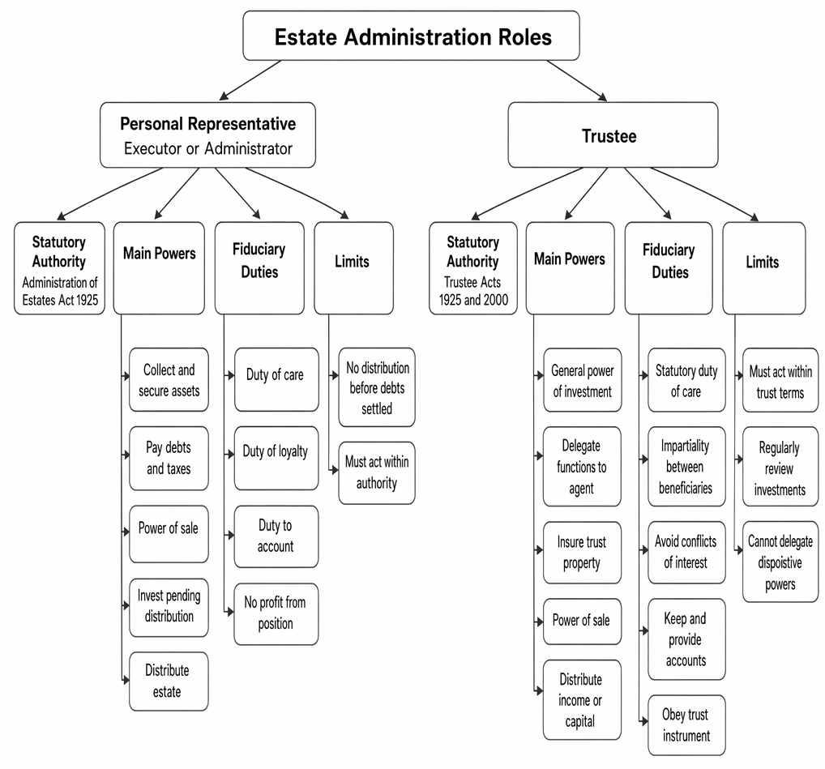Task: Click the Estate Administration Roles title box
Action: pos(411,36)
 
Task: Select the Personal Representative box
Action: pos(207,135)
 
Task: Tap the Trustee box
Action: pos(613,135)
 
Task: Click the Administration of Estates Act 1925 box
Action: pos(59,268)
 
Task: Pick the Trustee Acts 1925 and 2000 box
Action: pos(473,268)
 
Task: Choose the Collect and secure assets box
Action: pos(169,380)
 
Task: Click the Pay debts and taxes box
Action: pos(169,458)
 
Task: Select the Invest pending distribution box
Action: pos(169,608)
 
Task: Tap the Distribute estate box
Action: pos(169,681)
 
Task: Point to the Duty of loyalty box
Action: pos(276,458)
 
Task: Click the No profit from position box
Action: pos(276,614)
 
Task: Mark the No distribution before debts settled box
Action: pos(377,387)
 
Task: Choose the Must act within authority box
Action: pos(377,473)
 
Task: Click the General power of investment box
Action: pos(583,380)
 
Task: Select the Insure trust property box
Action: pos(583,553)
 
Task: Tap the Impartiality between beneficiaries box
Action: pos(686,467)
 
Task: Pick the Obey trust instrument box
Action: pos(686,724)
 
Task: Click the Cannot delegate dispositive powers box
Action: pos(780,562)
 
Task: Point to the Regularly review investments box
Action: pos(780,467)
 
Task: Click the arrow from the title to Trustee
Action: pos(577,80)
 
